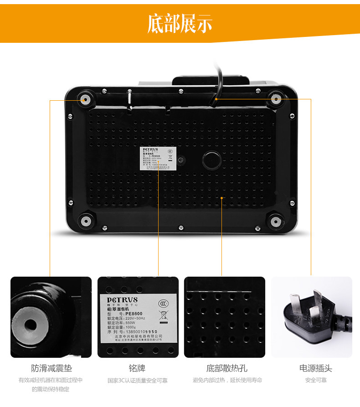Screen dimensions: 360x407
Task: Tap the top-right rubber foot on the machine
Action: click(x=275, y=98)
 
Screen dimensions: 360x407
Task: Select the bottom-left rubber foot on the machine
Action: click(x=85, y=221)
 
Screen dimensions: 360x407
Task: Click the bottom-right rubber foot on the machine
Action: click(x=275, y=222)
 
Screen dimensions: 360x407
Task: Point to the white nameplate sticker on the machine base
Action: click(x=158, y=159)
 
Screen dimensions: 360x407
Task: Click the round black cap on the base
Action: click(x=211, y=160)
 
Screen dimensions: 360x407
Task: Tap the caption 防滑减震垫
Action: click(x=51, y=368)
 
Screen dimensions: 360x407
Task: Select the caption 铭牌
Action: click(x=137, y=368)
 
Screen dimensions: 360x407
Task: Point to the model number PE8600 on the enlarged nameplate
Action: click(x=135, y=314)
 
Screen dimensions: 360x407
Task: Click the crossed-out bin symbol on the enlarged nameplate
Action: click(x=163, y=315)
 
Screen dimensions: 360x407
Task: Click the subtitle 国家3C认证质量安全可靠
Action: click(x=137, y=380)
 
